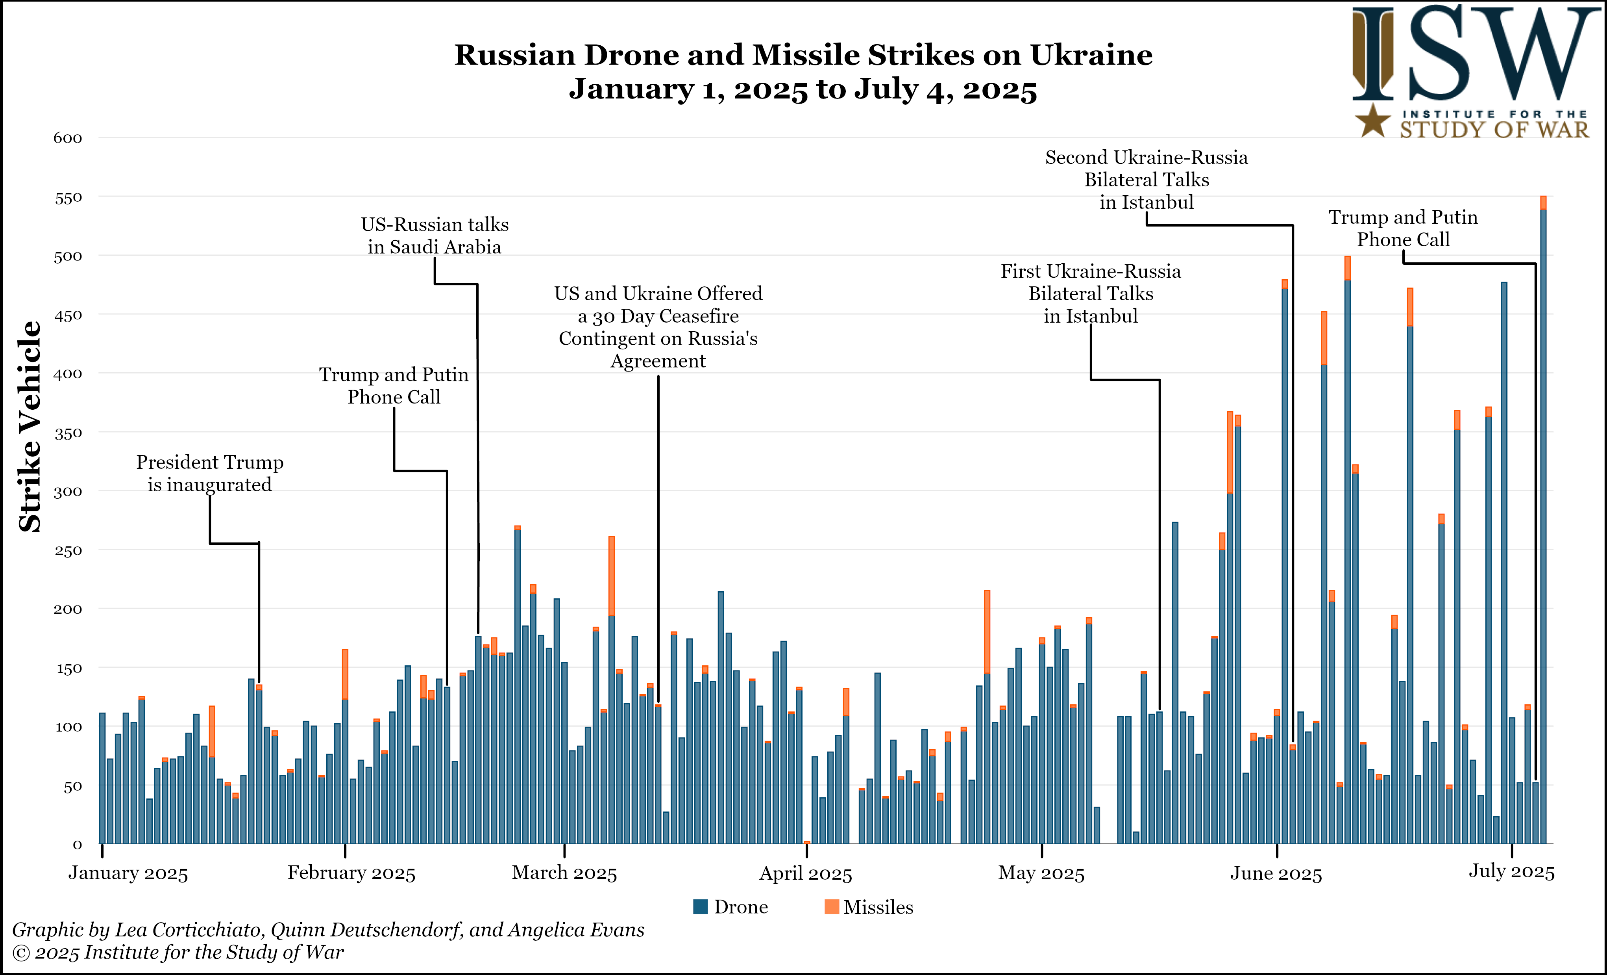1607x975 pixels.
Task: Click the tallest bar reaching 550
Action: (1543, 522)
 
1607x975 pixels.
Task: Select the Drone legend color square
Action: (701, 906)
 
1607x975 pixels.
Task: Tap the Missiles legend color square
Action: (832, 906)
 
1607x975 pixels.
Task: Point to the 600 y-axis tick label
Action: (68, 138)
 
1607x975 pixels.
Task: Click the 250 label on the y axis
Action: (68, 550)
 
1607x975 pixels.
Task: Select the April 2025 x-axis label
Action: (805, 873)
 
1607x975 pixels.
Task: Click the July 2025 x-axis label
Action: (1511, 871)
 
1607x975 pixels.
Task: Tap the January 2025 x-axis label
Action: (128, 873)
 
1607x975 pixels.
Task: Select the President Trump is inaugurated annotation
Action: (209, 473)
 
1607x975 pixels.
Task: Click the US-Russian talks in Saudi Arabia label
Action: (435, 236)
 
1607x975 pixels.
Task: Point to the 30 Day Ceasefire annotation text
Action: (658, 327)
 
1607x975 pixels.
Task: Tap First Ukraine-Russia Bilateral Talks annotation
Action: (1091, 293)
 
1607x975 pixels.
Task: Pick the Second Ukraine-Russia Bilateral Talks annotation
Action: (1146, 180)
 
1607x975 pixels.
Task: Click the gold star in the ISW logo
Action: (1373, 121)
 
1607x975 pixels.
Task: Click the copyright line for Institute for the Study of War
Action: (178, 952)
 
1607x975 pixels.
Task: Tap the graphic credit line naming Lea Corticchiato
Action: (328, 929)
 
